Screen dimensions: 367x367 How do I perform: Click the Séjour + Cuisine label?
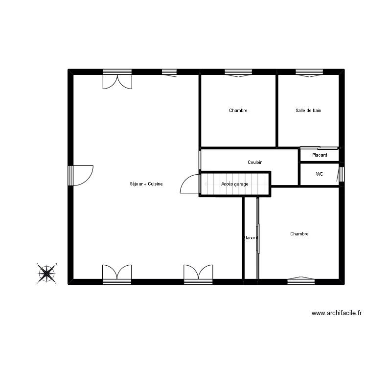(x=146, y=184)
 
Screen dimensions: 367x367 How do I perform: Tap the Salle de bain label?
(x=308, y=111)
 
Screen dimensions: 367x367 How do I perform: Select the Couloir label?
(x=254, y=162)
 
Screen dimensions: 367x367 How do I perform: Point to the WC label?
(x=320, y=174)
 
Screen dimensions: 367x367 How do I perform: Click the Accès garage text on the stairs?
(x=234, y=184)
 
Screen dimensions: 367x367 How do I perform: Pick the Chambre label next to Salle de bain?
(x=238, y=111)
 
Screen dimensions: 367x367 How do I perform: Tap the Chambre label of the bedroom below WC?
(x=299, y=234)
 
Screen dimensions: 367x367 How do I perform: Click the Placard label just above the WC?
(x=320, y=155)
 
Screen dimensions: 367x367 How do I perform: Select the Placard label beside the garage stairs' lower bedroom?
(x=251, y=238)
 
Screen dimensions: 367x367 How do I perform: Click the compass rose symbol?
(x=46, y=273)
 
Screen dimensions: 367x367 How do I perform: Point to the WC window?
(x=342, y=174)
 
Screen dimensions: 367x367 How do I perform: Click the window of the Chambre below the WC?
(x=301, y=280)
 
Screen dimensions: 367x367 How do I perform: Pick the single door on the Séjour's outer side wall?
(x=81, y=176)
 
